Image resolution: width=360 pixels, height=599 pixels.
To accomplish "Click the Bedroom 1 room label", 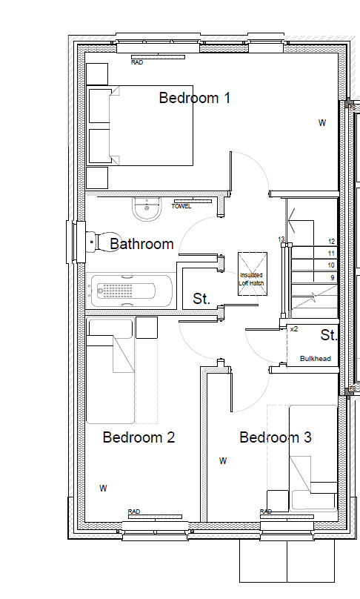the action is coord(195,98).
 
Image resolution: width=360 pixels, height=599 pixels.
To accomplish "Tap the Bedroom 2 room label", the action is coord(139,437).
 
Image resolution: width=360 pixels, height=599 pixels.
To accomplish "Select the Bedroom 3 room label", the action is coord(276,437).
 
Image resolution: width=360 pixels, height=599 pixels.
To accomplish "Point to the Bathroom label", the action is coord(141,244).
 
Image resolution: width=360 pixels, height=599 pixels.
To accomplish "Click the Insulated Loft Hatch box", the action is coord(253,274).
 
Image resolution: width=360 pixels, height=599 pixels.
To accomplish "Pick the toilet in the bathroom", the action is coord(103,242).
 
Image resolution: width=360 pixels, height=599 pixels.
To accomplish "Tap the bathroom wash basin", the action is coord(146,209).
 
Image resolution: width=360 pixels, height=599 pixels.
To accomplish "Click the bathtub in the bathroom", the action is coord(129,291).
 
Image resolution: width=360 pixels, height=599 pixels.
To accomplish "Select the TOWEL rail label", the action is coord(181,206).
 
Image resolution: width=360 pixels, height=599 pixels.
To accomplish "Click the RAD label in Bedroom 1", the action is coord(137,62).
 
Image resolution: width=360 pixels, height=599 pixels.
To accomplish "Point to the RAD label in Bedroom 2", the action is coord(134,511).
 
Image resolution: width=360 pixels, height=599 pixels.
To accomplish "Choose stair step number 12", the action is coord(331,242).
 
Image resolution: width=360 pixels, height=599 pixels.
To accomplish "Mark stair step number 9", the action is coord(333,277).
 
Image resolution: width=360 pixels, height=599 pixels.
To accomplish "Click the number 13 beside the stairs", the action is coord(281,239).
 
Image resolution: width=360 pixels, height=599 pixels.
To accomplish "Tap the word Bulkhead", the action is coord(316,358).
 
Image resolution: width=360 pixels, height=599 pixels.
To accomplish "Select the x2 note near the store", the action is coord(294,328).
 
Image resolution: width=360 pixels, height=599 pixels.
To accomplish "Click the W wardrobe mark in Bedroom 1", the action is coord(322,122).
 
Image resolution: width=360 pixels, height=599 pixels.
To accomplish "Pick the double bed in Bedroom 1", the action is coord(141,126).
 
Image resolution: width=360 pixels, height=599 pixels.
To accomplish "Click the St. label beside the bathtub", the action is coord(201,298).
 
